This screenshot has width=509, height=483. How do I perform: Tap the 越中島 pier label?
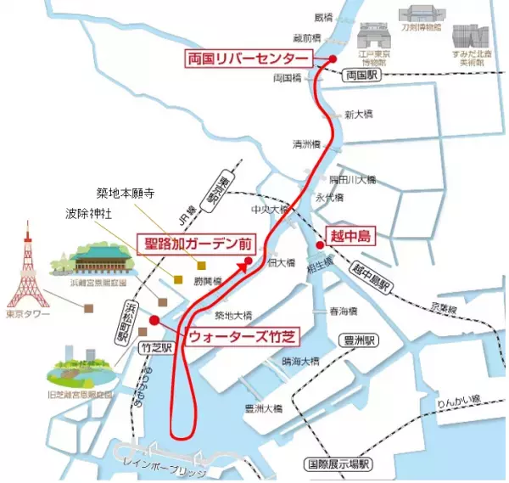click(350, 234)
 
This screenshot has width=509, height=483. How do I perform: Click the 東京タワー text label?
click(27, 315)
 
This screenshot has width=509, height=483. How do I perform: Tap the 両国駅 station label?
click(365, 76)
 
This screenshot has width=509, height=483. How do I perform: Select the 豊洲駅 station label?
click(360, 340)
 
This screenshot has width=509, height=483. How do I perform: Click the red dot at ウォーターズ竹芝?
click(154, 320)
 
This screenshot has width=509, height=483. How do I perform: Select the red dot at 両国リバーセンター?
click(333, 59)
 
